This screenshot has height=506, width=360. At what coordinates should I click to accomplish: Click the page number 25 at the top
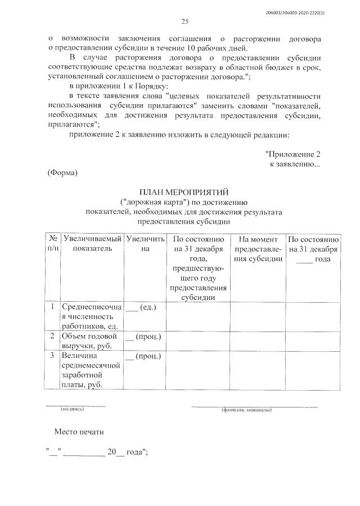(184, 21)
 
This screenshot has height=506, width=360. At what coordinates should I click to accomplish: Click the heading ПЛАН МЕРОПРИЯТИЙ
(184, 192)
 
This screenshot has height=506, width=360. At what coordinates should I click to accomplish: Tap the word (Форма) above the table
(62, 172)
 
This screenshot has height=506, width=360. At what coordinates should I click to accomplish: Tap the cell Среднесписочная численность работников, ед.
(91, 317)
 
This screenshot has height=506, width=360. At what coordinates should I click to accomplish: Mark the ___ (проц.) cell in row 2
(143, 337)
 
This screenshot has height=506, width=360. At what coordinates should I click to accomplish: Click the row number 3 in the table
(52, 356)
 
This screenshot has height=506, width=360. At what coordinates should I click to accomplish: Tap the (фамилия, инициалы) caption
(247, 410)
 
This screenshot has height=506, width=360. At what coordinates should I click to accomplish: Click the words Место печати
(79, 432)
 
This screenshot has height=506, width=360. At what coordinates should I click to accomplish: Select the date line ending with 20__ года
(97, 452)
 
